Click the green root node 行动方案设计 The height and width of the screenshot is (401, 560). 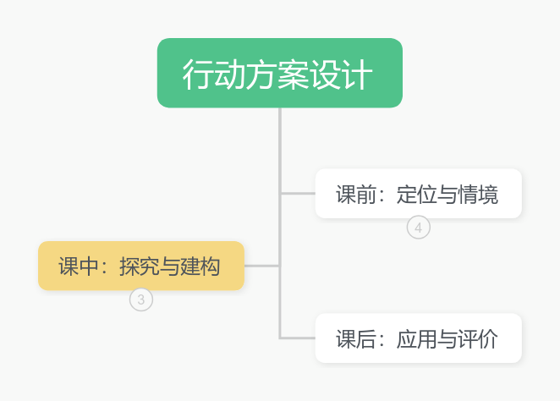tap(280, 73)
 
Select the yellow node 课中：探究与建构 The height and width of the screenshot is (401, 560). tap(141, 266)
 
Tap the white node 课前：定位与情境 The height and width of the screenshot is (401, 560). tap(418, 194)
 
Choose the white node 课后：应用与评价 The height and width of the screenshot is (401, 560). tap(418, 338)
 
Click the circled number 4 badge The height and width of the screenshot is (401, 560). tap(419, 228)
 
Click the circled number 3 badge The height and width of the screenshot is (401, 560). tap(141, 299)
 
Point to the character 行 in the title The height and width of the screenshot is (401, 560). tap(198, 74)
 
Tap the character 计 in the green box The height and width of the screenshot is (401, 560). tap(357, 74)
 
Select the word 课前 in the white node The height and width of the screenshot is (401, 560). tap(356, 195)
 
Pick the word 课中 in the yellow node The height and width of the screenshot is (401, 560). tap(79, 266)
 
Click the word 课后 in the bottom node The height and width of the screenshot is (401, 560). tap(356, 339)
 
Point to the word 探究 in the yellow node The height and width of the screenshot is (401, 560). tap(140, 266)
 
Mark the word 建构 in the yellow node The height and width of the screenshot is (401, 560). tap(200, 266)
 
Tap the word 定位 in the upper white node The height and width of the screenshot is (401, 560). tap(417, 195)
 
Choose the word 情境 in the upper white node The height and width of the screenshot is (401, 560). tap(478, 195)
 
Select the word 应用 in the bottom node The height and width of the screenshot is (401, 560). tap(417, 339)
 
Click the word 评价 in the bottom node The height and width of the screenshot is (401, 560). tap(478, 339)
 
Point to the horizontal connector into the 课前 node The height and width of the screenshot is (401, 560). tap(298, 194)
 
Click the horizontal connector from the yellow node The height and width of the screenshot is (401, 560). tap(262, 266)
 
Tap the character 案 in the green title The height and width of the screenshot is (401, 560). tap(294, 74)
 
